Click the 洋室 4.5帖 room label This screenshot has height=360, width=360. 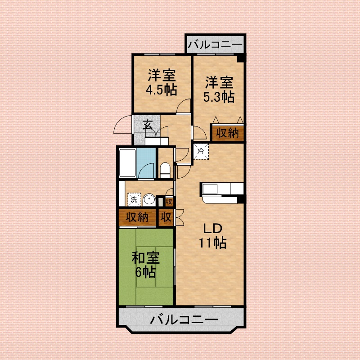tap(162, 82)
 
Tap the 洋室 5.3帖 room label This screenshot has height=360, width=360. tap(219, 89)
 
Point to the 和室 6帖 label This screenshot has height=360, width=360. tap(145, 265)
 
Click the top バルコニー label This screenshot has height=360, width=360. tap(215, 44)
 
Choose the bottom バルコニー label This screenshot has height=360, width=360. tap(184, 319)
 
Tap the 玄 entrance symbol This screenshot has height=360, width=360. tap(148, 125)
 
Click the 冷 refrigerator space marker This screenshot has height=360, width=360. tap(201, 151)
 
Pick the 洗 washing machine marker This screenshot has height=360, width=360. tap(134, 199)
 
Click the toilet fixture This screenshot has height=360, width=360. tap(165, 170)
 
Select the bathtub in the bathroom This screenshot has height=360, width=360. tap(127, 163)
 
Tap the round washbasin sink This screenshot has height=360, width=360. tap(149, 200)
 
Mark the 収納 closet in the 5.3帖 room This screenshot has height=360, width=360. tap(228, 132)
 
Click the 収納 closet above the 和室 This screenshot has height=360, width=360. tap(137, 217)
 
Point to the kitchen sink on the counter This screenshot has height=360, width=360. tap(210, 189)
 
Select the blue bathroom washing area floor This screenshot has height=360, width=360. tap(146, 163)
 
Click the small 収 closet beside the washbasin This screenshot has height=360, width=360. tap(169, 202)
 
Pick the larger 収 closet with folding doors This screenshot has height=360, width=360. tap(166, 217)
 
